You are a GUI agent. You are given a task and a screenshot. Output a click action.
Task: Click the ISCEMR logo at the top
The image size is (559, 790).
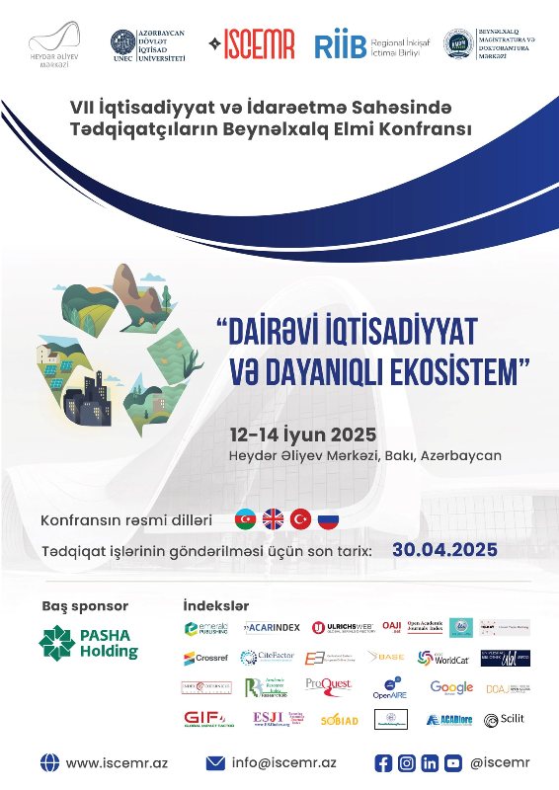click(x=253, y=45)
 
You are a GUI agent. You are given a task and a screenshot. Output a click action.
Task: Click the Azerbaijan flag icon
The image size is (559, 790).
click(x=245, y=519)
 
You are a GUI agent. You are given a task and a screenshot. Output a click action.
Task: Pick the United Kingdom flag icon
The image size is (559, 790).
click(x=273, y=519)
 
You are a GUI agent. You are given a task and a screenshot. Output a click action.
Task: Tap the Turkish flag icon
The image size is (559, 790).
click(x=299, y=519)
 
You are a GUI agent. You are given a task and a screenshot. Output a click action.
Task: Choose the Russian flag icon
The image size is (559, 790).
click(x=327, y=519)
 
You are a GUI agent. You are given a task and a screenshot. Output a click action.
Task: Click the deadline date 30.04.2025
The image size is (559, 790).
click(x=444, y=549)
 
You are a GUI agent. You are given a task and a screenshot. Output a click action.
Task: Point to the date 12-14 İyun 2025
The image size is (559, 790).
click(x=302, y=434)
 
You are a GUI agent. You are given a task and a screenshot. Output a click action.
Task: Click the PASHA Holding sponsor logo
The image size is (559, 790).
click(x=89, y=643)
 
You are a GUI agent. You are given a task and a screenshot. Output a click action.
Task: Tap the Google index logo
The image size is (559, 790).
click(x=451, y=687)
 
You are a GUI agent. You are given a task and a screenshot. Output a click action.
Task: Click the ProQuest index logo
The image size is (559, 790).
click(x=328, y=687)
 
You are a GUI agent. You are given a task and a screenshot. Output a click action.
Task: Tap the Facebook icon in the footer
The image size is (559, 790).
click(x=384, y=763)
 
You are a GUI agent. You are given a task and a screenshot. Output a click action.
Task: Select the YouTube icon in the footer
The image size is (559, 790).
click(x=452, y=763)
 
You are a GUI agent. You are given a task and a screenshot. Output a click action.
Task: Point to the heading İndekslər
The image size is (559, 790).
click(x=216, y=605)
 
